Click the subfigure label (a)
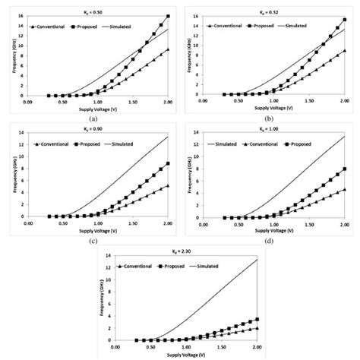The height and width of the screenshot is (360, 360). (x=93, y=119)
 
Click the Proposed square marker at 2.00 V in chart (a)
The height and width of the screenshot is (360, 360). (x=168, y=16)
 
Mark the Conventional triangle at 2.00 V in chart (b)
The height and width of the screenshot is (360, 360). (x=344, y=51)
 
